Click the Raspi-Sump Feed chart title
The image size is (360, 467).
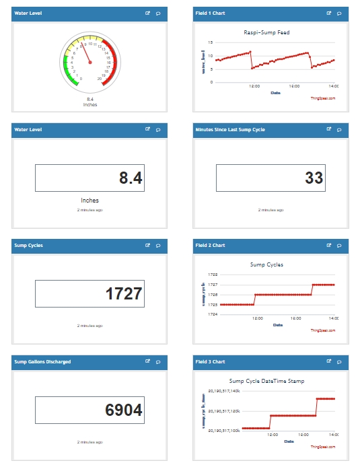point(271,32)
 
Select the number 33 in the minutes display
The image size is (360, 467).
point(314,178)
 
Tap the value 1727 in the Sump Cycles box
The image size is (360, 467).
point(124,294)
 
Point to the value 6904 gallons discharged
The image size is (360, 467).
point(124,410)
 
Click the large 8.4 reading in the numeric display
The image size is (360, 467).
point(131,178)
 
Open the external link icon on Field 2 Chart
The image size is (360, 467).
point(329,246)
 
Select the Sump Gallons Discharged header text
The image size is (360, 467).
point(42,362)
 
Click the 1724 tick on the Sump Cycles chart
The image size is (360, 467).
point(213,314)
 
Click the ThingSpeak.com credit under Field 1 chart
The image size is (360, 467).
point(322,98)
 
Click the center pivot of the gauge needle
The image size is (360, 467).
point(90,63)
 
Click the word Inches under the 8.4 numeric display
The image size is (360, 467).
point(89,200)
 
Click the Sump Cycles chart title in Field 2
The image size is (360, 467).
point(266,264)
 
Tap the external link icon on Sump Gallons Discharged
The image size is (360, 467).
point(147,362)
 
